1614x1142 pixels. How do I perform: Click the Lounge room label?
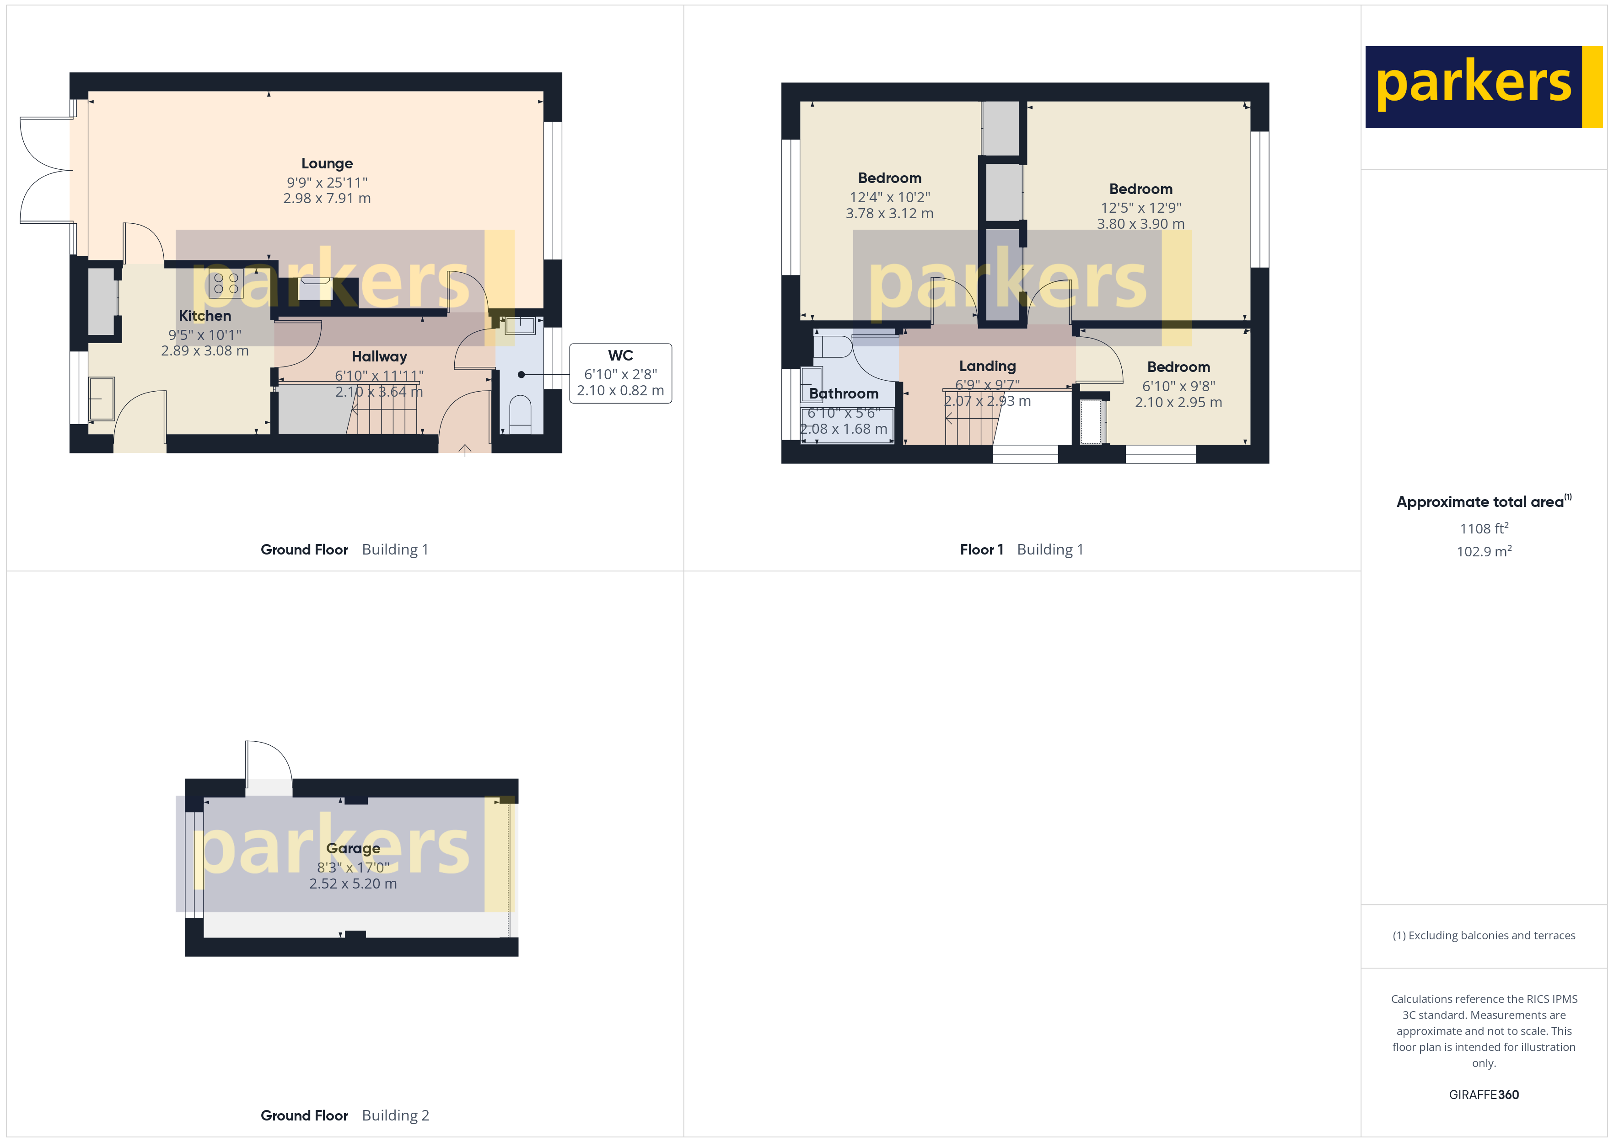(327, 163)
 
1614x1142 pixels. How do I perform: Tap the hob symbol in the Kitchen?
(226, 283)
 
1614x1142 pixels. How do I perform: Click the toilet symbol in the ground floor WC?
(520, 414)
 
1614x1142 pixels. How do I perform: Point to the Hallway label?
(379, 356)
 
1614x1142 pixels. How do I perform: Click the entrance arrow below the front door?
(465, 450)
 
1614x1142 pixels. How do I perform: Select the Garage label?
(353, 848)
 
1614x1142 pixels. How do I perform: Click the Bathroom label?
(844, 394)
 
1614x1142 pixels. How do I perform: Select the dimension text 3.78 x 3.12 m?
(889, 213)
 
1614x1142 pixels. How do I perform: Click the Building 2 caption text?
(395, 1115)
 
